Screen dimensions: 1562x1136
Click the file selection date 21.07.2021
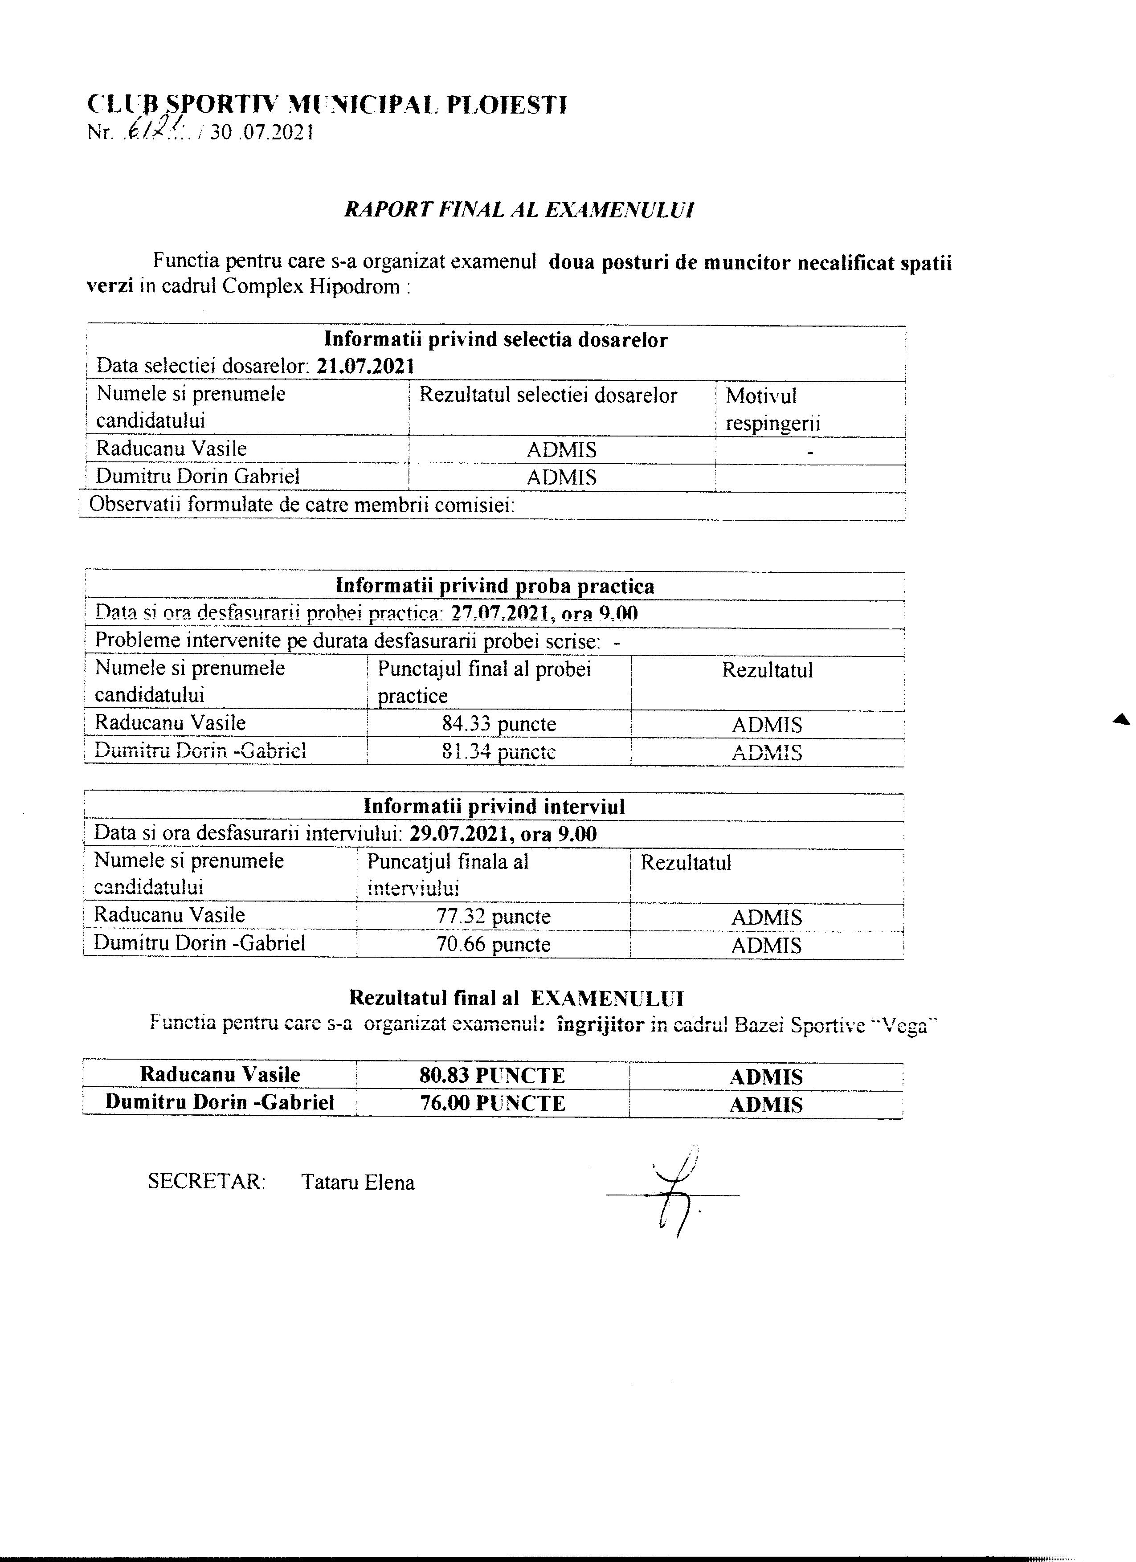point(366,366)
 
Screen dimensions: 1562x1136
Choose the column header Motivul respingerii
point(772,409)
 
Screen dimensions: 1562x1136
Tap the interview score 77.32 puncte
point(493,917)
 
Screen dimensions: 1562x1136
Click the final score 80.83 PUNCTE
point(493,1076)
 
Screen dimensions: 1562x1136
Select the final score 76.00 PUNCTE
point(493,1103)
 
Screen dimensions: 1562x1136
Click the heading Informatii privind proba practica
point(494,586)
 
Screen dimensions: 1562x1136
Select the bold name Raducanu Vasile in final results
point(220,1074)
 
